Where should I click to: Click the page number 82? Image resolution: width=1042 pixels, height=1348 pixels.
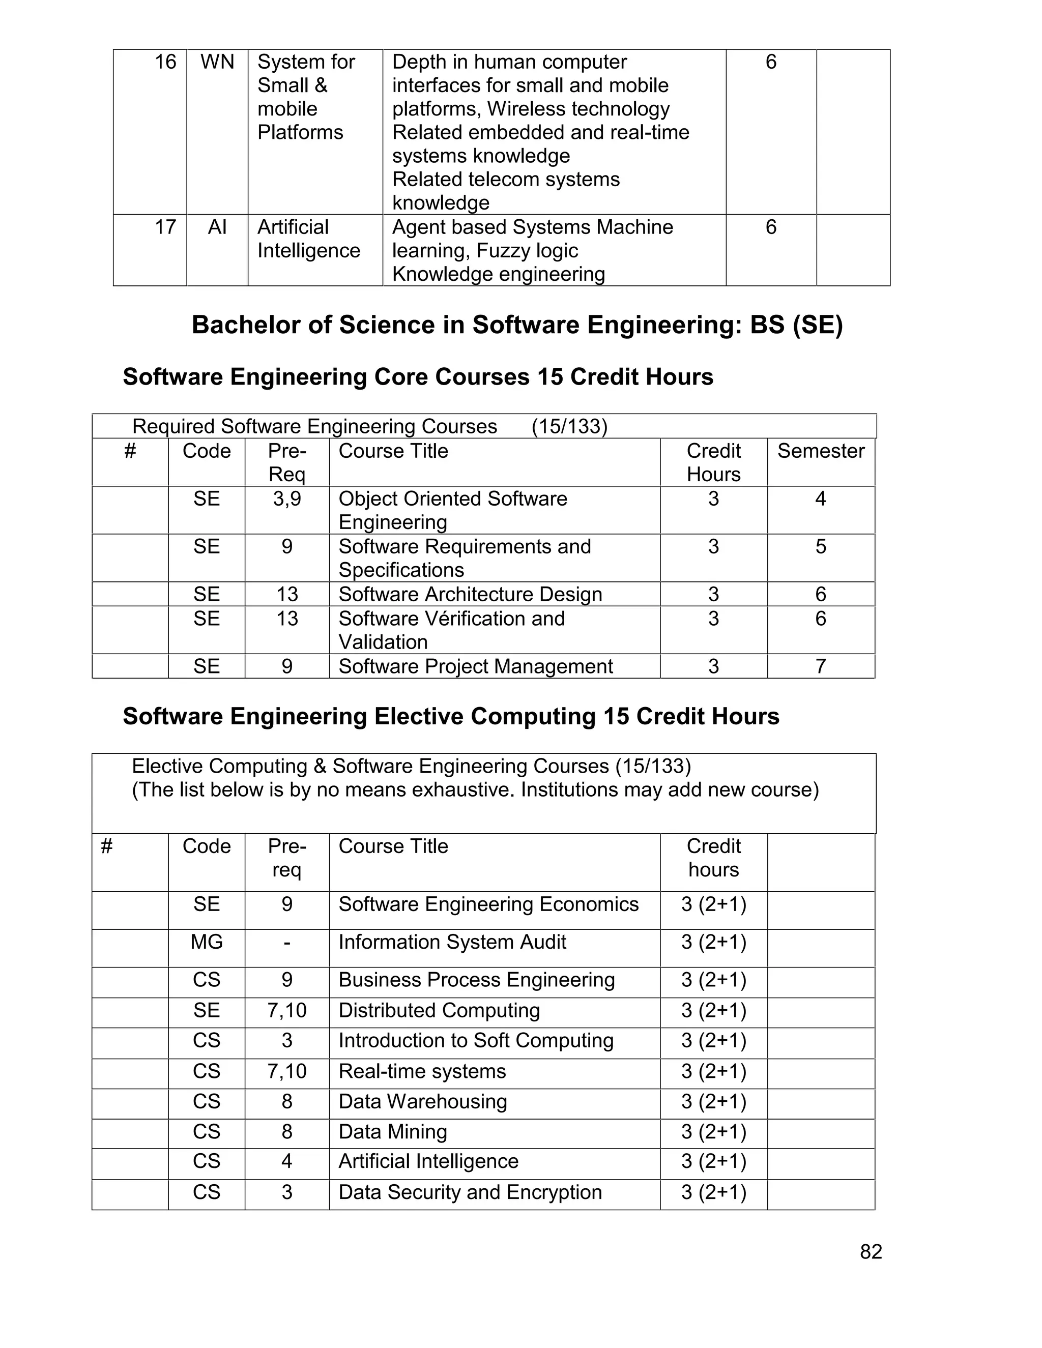[871, 1251]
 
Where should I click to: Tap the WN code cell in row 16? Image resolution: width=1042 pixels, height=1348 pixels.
[217, 62]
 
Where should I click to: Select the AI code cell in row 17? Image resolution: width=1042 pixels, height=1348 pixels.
[217, 227]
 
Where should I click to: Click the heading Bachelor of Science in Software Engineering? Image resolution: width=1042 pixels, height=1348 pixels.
[517, 325]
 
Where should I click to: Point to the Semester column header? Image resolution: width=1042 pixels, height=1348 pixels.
[820, 451]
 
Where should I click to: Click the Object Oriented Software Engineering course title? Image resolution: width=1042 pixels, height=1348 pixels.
[452, 510]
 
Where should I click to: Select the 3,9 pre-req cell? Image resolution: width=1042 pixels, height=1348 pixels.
[287, 499]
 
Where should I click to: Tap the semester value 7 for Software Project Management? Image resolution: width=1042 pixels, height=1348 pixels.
[820, 666]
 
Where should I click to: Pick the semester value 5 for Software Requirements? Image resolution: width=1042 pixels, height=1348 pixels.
[820, 547]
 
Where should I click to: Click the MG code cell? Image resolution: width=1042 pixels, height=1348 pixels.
[206, 942]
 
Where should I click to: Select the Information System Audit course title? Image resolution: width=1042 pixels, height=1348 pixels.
[452, 942]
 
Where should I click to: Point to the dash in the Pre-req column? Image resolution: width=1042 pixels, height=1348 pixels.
[287, 943]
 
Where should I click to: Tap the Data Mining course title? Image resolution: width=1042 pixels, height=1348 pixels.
[393, 1131]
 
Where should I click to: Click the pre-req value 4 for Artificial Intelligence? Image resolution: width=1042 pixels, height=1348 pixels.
[287, 1161]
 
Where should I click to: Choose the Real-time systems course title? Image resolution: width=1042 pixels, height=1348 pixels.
[422, 1071]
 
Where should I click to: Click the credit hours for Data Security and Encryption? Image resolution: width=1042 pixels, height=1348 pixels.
[714, 1192]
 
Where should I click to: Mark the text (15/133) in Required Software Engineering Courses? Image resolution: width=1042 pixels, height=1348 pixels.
[569, 426]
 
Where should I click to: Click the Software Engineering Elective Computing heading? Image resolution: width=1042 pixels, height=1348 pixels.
[451, 717]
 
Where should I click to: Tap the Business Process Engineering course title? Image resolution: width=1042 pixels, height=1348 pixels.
[477, 980]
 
